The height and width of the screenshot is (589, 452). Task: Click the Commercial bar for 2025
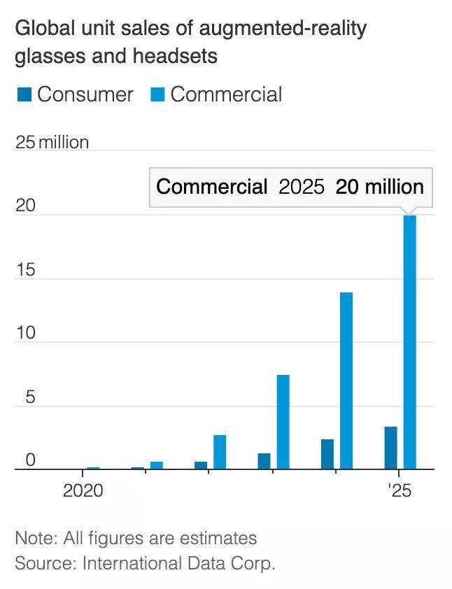410,343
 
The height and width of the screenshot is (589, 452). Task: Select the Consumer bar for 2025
391,448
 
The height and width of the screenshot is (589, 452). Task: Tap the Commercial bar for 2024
346,381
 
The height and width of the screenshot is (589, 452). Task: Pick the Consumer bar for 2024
327,454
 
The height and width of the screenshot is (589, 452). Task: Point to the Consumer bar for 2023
264,461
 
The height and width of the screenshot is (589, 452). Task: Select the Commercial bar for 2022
220,452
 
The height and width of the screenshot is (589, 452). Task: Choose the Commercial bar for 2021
157,465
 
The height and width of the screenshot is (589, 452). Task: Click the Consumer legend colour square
23,95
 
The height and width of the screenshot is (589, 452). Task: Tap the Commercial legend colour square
157,95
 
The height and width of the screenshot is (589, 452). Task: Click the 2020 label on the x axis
83,490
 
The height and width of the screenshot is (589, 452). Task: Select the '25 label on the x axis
399,490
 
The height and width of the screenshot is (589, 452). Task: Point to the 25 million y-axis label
52,143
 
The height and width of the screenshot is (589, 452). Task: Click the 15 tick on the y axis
25,269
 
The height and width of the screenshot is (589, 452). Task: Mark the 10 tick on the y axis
25,333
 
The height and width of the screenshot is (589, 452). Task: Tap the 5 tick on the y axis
30,397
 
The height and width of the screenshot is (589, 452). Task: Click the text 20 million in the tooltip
379,187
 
